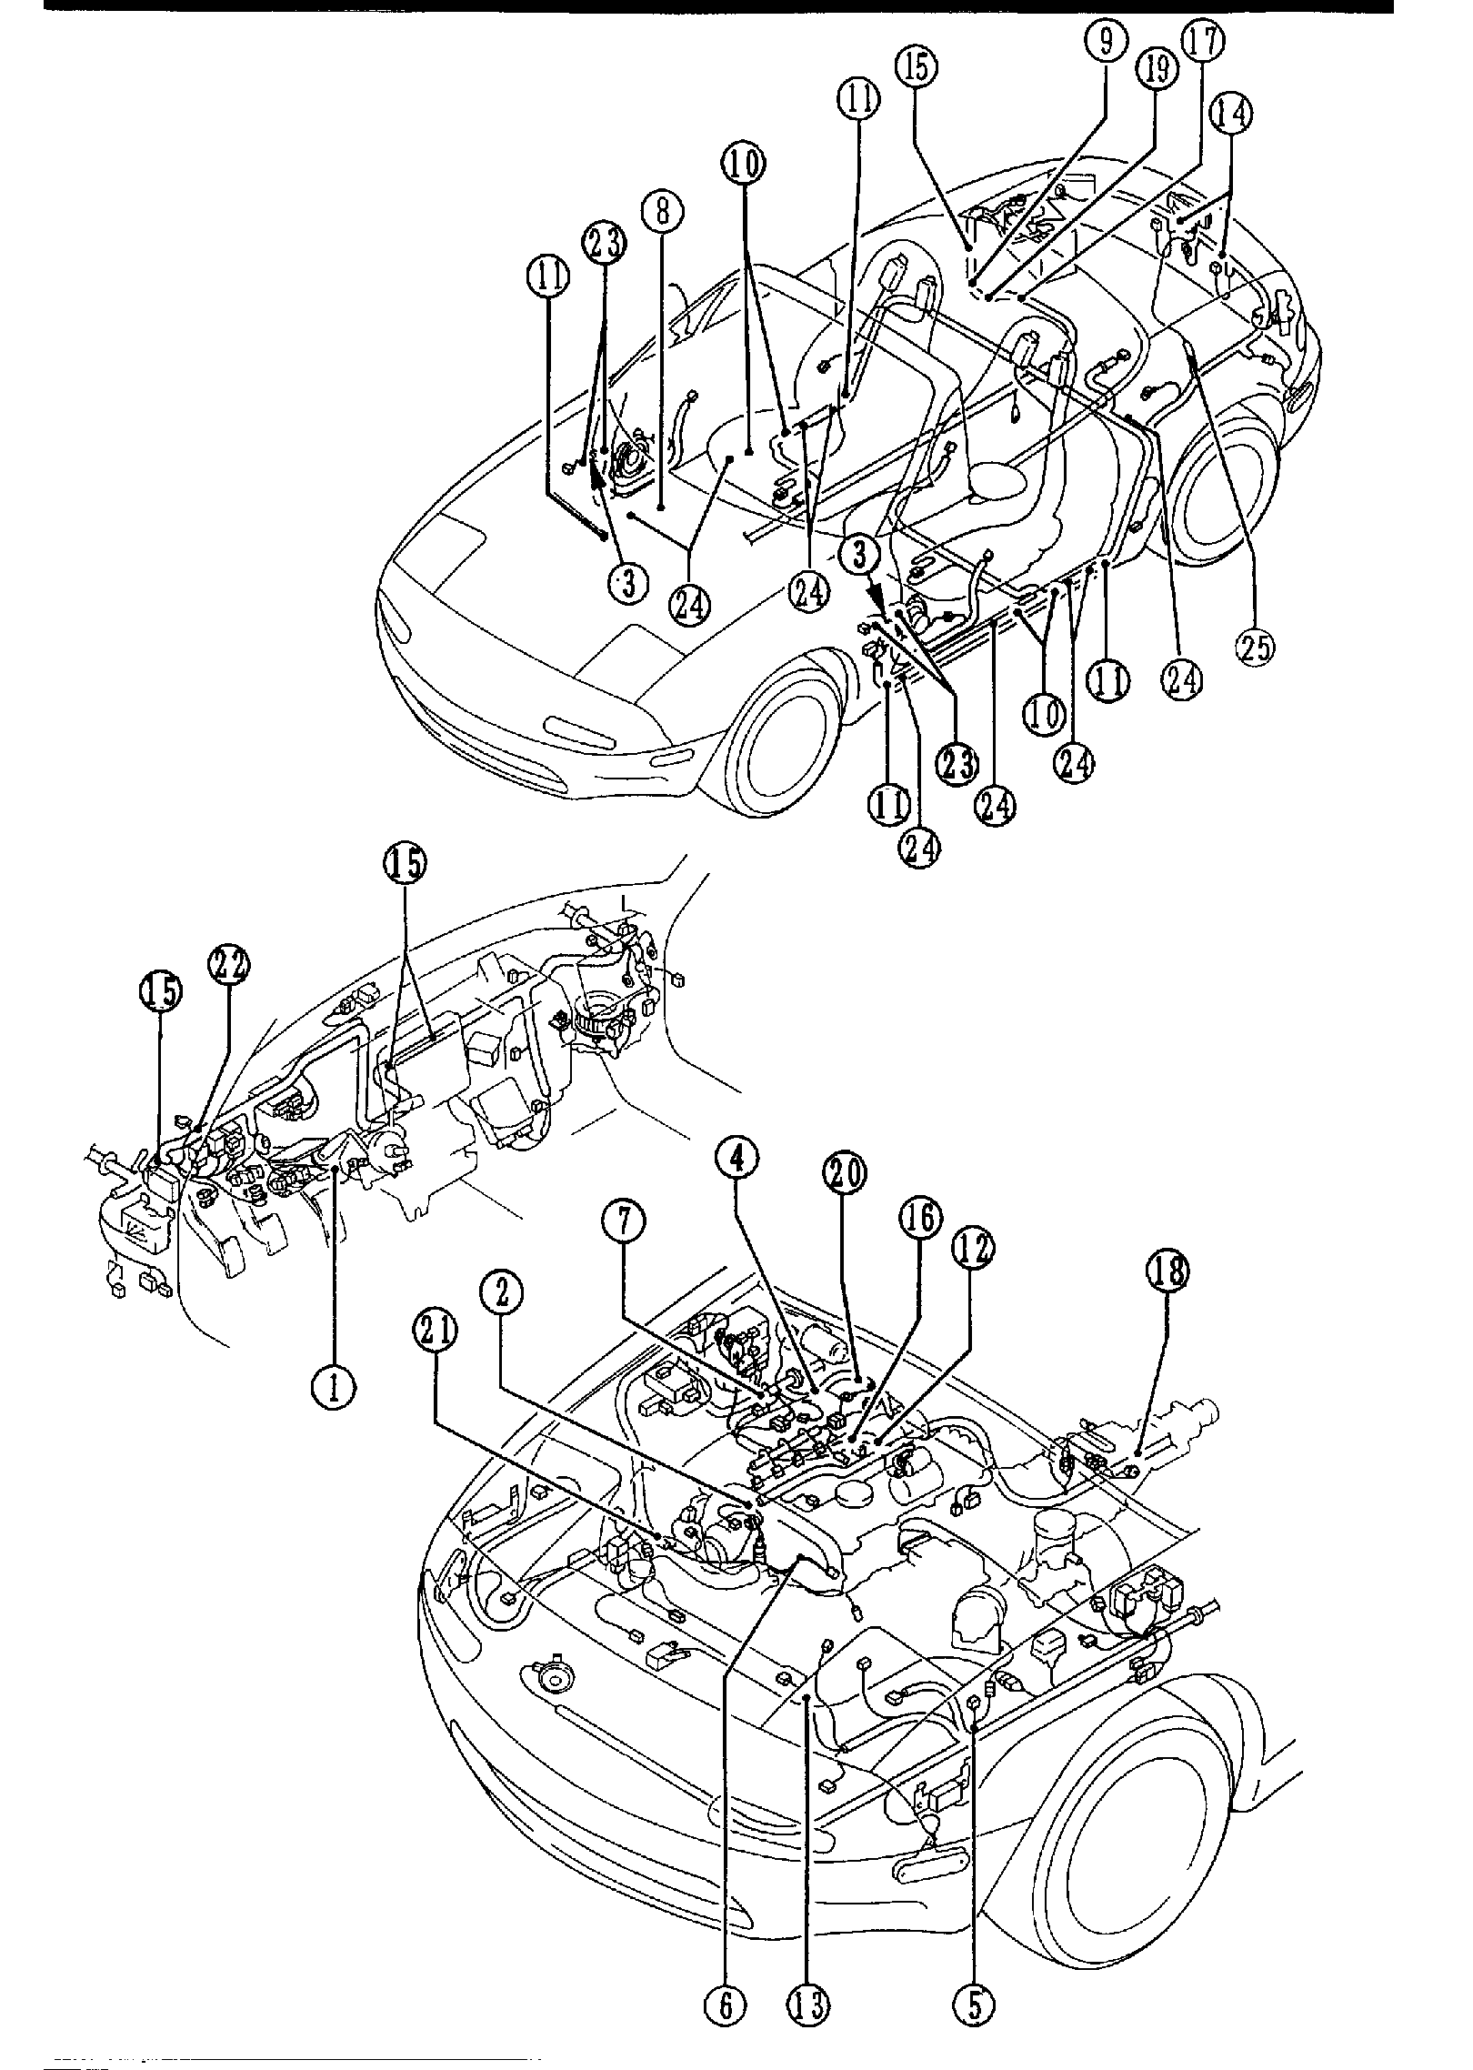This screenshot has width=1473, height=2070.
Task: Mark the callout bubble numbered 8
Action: [662, 212]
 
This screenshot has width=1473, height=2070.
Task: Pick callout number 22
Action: [228, 964]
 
